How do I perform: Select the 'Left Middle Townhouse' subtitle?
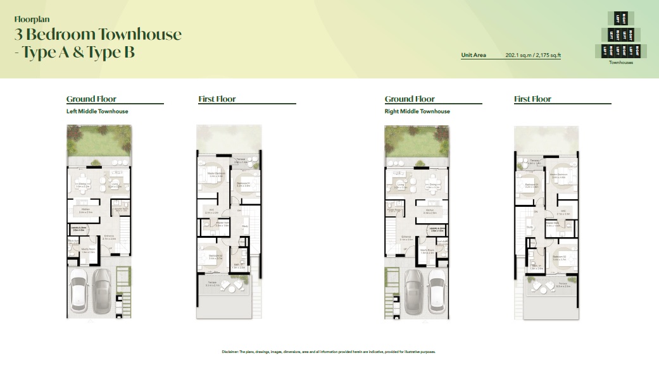coord(97,111)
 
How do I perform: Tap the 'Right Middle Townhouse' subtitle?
coord(417,111)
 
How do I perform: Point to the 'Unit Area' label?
coord(474,56)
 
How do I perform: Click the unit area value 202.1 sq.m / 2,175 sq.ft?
coord(533,56)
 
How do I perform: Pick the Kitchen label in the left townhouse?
coord(84,209)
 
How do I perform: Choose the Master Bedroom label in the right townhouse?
coord(558,175)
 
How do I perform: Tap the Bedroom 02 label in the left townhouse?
coord(216,256)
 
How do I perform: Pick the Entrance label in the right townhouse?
coord(406,238)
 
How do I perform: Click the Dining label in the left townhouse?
coord(84,185)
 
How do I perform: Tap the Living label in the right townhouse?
coord(400,186)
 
